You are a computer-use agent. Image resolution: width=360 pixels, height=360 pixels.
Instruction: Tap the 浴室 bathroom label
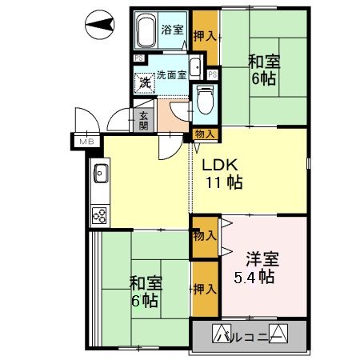[x=173, y=30]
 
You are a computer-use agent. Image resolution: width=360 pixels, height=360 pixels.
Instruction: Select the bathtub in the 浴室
[x=146, y=31]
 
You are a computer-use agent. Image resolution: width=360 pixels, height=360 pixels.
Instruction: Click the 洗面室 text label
[x=170, y=74]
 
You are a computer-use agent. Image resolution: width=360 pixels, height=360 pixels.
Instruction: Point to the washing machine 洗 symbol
[x=145, y=81]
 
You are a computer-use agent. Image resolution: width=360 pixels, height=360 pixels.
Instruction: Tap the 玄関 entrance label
[x=144, y=120]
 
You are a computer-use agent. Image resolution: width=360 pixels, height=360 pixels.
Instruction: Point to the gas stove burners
[x=101, y=214]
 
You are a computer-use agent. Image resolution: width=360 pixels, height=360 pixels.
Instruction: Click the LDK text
[x=218, y=166]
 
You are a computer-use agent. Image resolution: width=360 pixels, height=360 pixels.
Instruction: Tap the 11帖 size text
[x=223, y=182]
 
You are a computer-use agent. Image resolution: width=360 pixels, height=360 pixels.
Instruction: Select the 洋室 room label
[x=262, y=259]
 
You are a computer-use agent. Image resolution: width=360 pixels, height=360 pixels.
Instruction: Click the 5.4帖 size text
[x=254, y=278]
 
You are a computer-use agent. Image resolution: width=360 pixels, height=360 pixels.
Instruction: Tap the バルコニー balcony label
[x=249, y=334]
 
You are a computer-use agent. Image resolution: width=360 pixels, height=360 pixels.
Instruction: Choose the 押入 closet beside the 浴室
[x=204, y=35]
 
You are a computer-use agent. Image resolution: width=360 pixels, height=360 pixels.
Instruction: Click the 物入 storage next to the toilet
[x=204, y=134]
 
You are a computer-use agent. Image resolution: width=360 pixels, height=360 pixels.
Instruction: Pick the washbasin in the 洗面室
[x=195, y=67]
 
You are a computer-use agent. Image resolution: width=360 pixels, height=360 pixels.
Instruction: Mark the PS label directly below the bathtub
[x=138, y=58]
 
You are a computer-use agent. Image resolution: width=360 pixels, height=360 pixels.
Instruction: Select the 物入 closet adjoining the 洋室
[x=204, y=236]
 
